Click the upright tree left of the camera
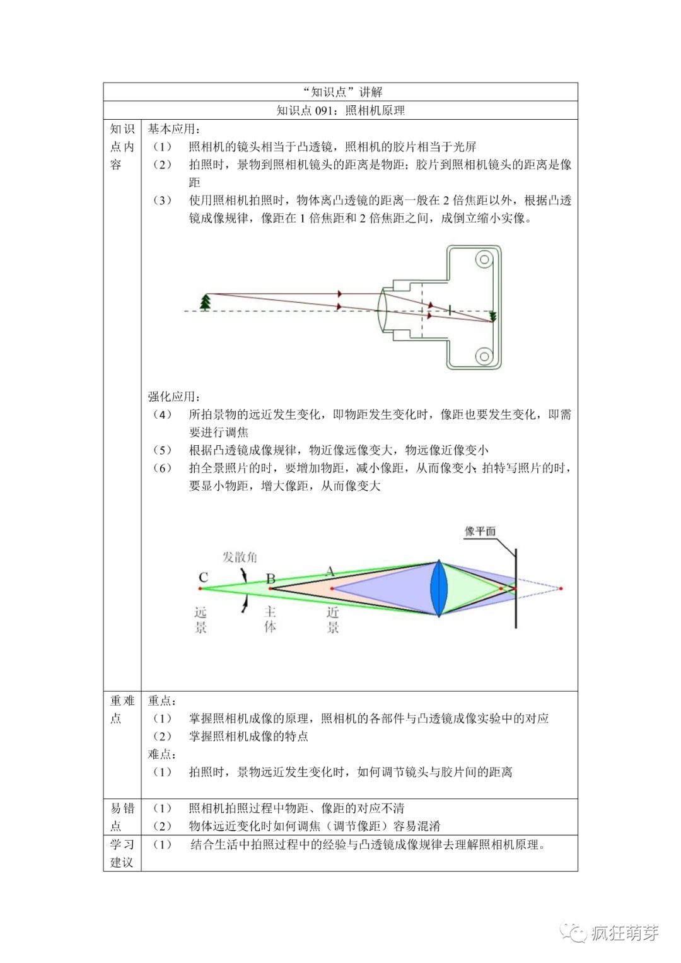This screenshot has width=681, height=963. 205,302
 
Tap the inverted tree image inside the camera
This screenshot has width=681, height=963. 493,317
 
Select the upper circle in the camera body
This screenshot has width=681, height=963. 484,259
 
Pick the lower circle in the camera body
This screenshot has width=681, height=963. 484,356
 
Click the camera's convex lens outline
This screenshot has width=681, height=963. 382,310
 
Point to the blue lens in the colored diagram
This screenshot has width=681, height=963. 439,588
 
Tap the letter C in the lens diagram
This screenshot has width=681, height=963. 203,577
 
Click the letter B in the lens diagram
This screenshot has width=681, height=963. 271,578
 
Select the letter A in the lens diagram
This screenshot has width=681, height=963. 329,571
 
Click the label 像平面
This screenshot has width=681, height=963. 480,531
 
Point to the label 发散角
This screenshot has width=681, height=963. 240,557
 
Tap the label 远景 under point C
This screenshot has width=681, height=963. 201,619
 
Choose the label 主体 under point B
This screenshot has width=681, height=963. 270,619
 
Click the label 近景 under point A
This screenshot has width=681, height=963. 333,619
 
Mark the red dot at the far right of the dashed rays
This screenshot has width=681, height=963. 561,588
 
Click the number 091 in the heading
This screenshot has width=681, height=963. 327,110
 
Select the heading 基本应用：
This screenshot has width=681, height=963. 174,129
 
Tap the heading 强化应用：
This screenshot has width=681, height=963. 174,397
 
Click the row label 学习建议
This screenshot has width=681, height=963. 122,853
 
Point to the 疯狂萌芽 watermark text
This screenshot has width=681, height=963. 625,933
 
